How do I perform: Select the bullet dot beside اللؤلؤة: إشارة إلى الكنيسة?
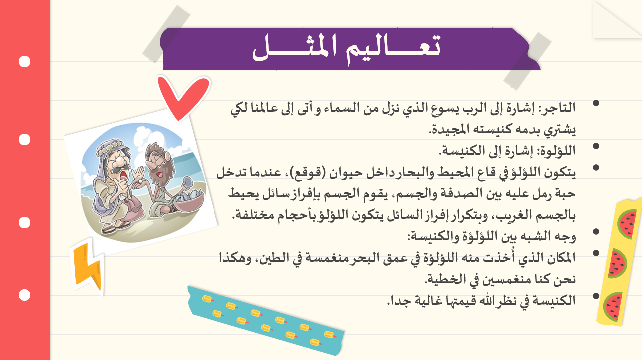[596, 146]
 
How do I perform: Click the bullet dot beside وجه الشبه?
[596, 231]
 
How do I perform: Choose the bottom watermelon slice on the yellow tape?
[613, 307]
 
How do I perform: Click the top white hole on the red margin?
[24, 61]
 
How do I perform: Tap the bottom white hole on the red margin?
[24, 295]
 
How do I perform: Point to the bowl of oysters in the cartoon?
[187, 200]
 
